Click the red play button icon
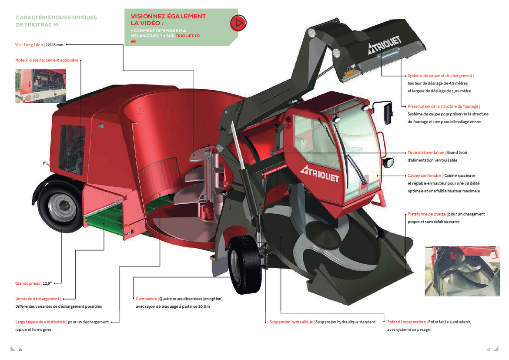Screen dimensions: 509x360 [x=238, y=23]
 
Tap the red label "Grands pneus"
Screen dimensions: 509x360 [x=27, y=283]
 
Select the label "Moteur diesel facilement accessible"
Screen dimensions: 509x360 [x=47, y=60]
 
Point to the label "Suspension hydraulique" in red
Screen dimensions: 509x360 [x=291, y=322]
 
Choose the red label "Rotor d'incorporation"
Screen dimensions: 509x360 [x=406, y=322]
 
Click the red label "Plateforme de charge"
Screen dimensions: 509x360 [x=426, y=214]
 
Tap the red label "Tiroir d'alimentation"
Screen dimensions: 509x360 [x=426, y=152]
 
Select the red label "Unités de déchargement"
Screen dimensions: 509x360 [x=37, y=299]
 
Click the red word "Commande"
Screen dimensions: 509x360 [x=146, y=299]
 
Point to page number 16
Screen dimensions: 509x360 [x=20, y=350]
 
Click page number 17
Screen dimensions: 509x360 [x=489, y=350]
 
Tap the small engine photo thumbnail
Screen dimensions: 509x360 [x=40, y=86]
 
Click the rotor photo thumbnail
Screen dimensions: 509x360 [x=462, y=271]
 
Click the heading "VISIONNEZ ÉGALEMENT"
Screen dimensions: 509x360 [x=168, y=16]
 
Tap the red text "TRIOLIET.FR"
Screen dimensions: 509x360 [x=188, y=36]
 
